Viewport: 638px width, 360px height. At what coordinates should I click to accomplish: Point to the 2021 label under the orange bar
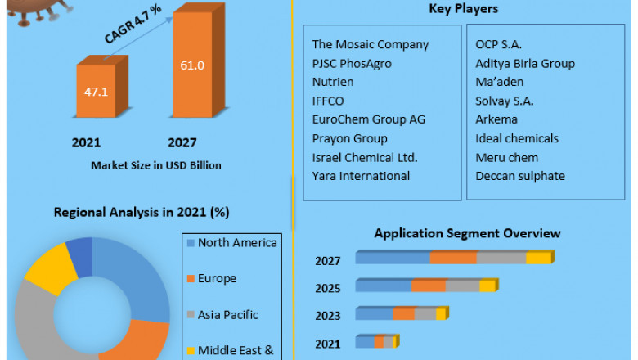point(87,142)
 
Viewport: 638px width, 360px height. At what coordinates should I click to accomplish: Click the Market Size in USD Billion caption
point(156,165)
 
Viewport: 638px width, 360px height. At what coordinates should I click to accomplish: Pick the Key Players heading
point(464,9)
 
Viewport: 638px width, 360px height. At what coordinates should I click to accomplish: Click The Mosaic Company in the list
point(370,44)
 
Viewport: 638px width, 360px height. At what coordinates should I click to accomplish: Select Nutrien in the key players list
point(333,82)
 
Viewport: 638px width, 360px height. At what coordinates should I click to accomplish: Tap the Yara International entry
point(361,175)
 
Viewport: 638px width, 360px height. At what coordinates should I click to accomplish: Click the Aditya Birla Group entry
point(524,63)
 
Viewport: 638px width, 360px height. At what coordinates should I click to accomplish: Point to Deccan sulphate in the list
point(519,175)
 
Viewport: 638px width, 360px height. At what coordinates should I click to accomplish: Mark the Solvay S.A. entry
point(503,101)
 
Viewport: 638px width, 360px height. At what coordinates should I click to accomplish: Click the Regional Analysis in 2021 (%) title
point(141,212)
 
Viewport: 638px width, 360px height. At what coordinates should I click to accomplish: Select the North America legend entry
point(236,242)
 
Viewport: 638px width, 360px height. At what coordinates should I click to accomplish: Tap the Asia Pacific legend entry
point(228,314)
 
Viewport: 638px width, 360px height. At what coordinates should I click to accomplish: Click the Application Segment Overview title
point(467,233)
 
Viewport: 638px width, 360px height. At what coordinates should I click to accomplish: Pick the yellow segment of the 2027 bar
point(538,259)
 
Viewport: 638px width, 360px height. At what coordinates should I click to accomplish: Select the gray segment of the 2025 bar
point(462,286)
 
